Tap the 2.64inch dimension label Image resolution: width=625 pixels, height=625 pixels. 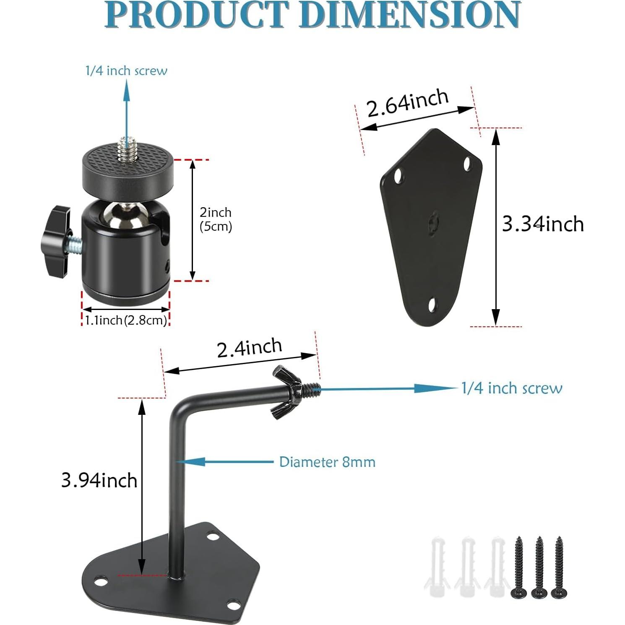click(x=408, y=102)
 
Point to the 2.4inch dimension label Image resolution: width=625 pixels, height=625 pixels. click(x=250, y=348)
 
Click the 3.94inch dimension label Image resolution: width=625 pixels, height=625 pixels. click(x=99, y=480)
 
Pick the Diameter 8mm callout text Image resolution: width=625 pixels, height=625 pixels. click(x=327, y=462)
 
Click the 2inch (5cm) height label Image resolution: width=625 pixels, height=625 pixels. click(x=216, y=219)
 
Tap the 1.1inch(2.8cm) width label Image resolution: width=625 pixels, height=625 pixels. click(x=126, y=320)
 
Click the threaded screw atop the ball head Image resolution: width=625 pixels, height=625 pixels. click(x=124, y=148)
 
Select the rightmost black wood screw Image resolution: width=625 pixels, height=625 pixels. click(x=559, y=566)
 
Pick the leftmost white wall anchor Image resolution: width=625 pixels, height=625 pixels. click(x=437, y=566)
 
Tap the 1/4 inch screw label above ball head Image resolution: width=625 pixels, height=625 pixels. click(x=126, y=70)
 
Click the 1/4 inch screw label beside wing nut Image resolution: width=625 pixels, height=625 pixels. click(x=512, y=388)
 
